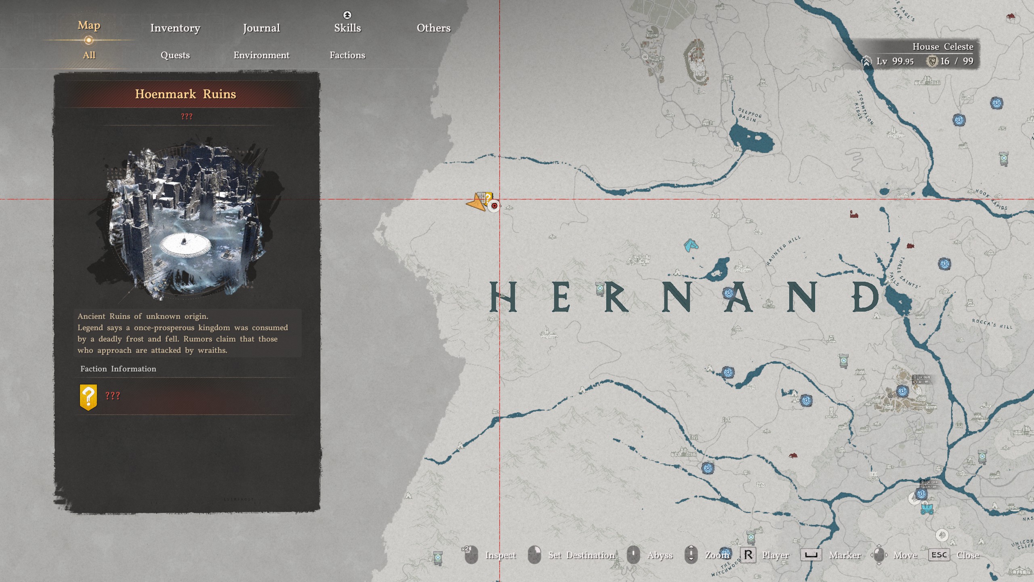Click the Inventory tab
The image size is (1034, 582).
175,28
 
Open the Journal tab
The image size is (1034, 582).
261,28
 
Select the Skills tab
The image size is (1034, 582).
347,27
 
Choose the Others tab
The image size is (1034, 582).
433,28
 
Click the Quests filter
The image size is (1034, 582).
175,55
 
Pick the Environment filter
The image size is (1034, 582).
261,55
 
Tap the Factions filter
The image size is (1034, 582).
347,55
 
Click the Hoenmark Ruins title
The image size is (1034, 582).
185,94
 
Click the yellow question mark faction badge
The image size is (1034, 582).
88,396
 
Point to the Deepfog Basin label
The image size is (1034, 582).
749,115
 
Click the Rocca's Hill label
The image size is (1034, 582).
992,323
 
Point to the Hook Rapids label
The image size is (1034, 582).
991,199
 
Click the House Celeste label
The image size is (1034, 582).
943,47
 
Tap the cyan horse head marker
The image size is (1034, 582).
691,245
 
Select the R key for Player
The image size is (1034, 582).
748,555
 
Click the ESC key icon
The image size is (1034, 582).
939,555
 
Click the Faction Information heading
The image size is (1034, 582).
118,369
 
